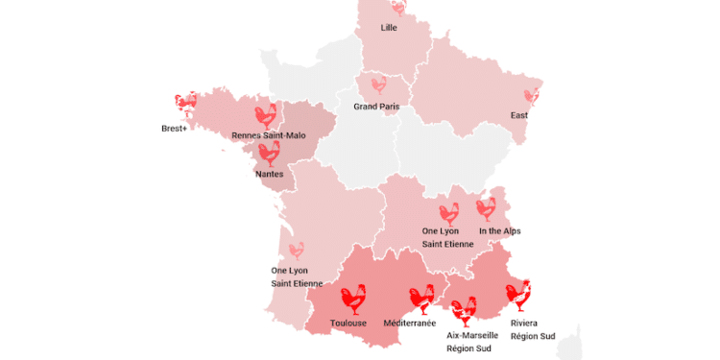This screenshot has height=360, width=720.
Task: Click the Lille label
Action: coord(389,28)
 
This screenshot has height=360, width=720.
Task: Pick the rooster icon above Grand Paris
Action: coord(378,85)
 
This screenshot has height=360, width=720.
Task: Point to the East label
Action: coord(519,116)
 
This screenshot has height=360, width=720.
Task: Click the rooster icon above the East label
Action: coord(530,96)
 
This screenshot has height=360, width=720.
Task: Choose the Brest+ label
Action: coord(174,129)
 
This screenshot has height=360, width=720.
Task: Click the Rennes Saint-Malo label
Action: coord(269,136)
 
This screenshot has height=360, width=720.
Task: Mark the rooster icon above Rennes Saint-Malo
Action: coord(267,115)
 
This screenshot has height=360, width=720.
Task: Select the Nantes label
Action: coord(269,175)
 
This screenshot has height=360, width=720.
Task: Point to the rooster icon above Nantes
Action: coord(269,153)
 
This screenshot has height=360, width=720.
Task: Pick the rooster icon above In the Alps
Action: coord(486,208)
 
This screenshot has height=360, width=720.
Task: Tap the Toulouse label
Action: coord(348,324)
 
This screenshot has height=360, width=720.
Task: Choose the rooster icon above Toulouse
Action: coord(353,299)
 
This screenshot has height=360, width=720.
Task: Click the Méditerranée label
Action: coord(410,324)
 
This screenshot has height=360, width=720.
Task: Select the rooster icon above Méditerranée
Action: coord(421,299)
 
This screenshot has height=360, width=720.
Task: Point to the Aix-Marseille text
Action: coord(472,336)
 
